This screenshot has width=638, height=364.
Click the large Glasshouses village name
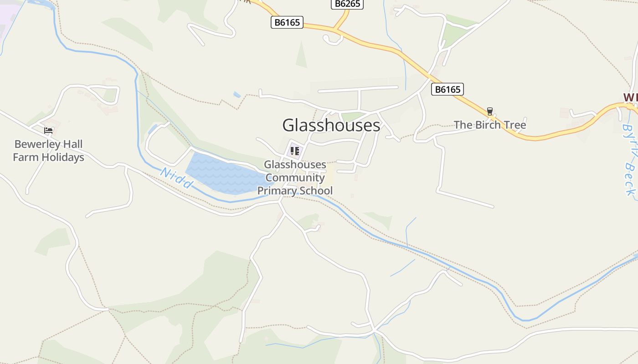[x=331, y=125]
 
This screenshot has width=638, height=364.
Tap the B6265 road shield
[x=347, y=4]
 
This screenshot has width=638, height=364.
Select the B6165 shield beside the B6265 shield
[x=287, y=22]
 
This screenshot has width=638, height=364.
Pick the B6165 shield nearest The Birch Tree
[x=448, y=90]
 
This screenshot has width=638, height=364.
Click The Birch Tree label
[x=490, y=125]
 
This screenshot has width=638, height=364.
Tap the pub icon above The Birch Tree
[x=490, y=111]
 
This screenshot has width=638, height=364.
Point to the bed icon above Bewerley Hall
[x=48, y=131]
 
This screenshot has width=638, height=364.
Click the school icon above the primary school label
[x=295, y=151]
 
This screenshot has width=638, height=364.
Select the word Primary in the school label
[x=278, y=191]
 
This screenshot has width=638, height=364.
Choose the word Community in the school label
[x=295, y=177]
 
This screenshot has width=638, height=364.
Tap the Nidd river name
[x=176, y=178]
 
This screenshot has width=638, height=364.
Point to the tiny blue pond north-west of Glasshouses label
[x=237, y=95]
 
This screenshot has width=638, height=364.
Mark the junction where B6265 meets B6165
[x=336, y=30]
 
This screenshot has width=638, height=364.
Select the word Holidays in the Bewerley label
[x=62, y=157]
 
